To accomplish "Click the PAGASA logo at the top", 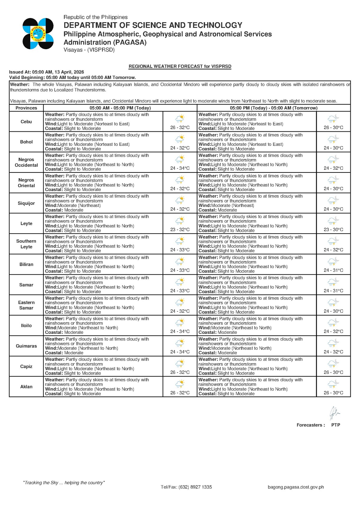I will pos(38,34).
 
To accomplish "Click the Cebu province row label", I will pos(26,121).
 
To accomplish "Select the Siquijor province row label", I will pos(26,203).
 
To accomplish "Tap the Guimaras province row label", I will pos(26,346).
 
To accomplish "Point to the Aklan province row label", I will pos(26,387).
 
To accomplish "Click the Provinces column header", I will pos(26,108).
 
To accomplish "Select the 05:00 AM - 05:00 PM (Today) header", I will pos(120,108).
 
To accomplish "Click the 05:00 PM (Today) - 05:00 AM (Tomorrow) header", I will pos(274,108).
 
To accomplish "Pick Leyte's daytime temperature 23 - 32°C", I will pos(180,229).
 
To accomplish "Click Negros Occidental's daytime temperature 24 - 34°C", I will pos(180,168).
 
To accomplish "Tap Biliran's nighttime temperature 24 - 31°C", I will pos(333,270).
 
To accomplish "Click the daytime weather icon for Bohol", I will pos(180,139).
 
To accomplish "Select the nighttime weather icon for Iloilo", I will pos(333,322).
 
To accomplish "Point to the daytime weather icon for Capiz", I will pos(180,363).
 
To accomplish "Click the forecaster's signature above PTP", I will pos(334,413).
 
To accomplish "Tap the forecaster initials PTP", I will pos(336,425).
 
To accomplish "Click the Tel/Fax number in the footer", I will pos(186,487).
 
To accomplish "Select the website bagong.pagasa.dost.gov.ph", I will pos(296,487).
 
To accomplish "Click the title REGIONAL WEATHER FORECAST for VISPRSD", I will pos(180,66).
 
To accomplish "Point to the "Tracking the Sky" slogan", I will pos(64,483).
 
